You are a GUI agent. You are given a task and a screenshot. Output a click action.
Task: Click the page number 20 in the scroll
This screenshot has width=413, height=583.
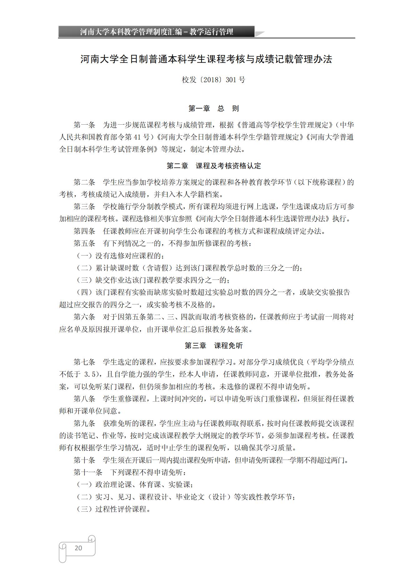78,548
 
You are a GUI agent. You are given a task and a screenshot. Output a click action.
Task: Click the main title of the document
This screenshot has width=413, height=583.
206,59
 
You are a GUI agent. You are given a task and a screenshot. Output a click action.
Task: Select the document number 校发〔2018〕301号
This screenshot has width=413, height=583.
214,80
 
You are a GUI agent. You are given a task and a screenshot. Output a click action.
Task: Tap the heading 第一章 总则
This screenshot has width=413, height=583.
214,108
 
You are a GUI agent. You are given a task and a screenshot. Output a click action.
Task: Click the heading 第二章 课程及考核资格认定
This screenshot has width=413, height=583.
214,166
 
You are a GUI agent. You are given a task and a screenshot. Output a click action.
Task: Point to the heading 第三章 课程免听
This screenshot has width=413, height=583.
214,346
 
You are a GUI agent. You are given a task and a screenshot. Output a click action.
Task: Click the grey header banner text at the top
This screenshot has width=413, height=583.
156,32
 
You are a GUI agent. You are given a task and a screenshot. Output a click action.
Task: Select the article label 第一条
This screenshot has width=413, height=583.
84,125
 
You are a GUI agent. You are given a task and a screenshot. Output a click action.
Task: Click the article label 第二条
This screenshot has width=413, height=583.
84,182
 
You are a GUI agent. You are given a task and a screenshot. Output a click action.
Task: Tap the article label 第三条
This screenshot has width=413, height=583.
84,207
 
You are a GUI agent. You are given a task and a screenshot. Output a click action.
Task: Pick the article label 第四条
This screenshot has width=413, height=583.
84,231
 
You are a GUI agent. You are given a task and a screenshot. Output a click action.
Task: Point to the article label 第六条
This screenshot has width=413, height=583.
84,317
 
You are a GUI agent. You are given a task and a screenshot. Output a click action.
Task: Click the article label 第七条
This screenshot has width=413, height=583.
84,362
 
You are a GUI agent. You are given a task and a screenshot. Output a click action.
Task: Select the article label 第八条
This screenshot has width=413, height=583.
84,399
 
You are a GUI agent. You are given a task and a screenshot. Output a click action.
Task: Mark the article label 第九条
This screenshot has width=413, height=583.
84,423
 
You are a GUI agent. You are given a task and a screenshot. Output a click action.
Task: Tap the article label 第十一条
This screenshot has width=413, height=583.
88,472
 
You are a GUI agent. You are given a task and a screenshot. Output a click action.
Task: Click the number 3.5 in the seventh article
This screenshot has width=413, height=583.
91,375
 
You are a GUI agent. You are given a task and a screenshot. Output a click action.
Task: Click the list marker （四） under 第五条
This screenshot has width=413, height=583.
84,292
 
